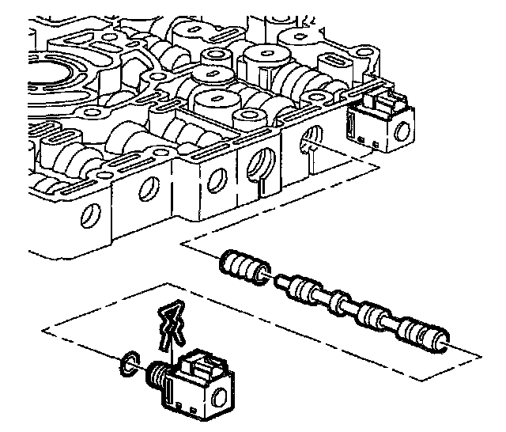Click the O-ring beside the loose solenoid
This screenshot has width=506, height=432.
[125, 365]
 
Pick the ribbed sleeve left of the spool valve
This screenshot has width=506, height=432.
[242, 267]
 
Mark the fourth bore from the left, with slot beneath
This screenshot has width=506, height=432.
[258, 162]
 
